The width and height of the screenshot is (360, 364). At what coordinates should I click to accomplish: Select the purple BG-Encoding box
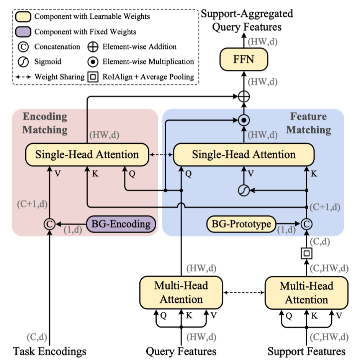click(121, 223)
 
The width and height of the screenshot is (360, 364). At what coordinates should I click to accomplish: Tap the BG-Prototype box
click(241, 223)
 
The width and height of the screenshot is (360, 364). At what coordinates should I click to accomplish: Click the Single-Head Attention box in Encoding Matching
click(87, 155)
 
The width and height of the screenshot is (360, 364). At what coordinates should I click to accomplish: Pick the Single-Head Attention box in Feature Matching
click(244, 155)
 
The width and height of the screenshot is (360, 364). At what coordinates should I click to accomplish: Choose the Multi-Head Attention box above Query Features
click(181, 293)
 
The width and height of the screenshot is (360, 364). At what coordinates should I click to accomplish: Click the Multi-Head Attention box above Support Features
click(306, 293)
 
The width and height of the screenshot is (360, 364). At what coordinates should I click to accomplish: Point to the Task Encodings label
click(50, 351)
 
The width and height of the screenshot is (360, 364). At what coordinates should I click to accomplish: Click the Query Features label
click(181, 351)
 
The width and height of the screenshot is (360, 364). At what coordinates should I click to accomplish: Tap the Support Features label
click(306, 351)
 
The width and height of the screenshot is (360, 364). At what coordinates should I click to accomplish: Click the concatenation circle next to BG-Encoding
click(49, 223)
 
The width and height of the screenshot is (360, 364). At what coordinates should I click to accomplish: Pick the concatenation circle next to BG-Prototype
click(306, 223)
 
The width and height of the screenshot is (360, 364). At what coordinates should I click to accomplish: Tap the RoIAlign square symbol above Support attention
click(306, 253)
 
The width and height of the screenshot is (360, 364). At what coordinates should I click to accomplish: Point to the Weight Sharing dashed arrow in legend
click(24, 77)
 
